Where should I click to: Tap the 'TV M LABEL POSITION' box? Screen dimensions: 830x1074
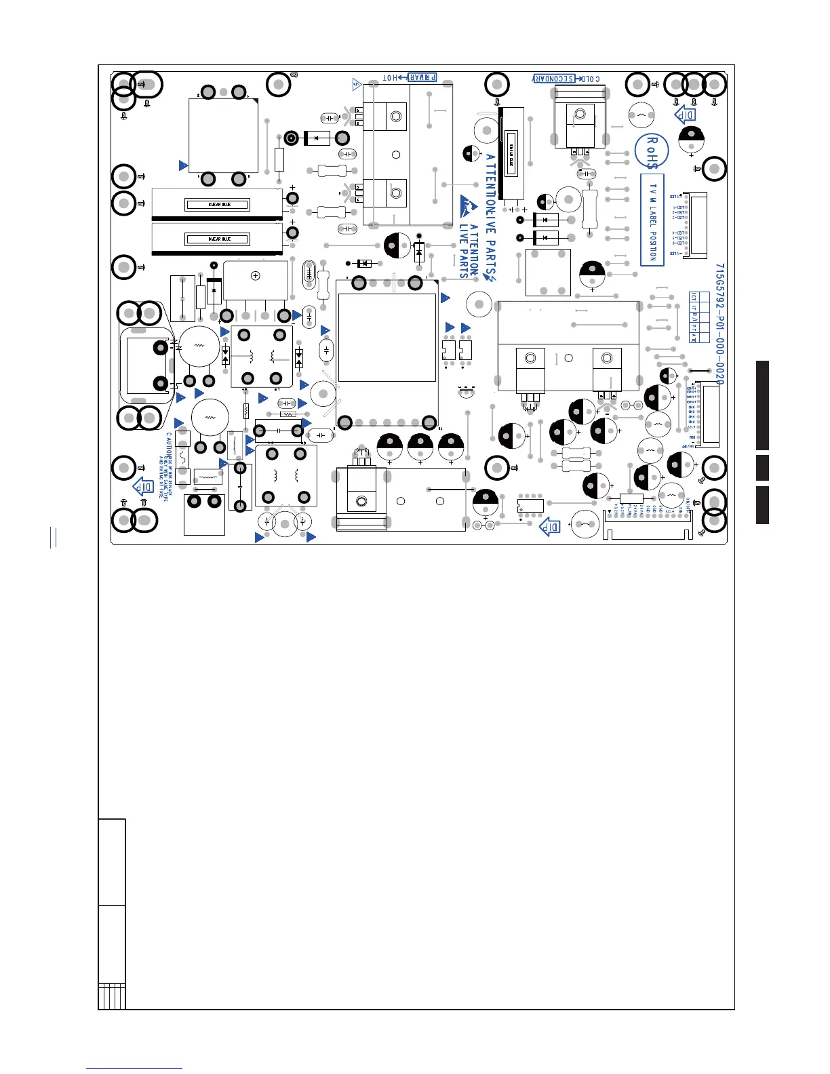652,220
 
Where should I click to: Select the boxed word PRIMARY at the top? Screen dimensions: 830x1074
421,78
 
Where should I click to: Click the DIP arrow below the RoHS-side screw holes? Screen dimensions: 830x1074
686,114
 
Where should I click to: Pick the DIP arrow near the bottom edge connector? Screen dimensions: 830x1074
549,526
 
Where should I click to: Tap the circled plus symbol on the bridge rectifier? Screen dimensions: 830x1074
256,275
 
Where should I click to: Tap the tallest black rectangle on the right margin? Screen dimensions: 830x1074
762,405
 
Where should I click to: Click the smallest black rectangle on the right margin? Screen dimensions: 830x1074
762,468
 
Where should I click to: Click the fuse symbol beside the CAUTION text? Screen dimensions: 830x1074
182,456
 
